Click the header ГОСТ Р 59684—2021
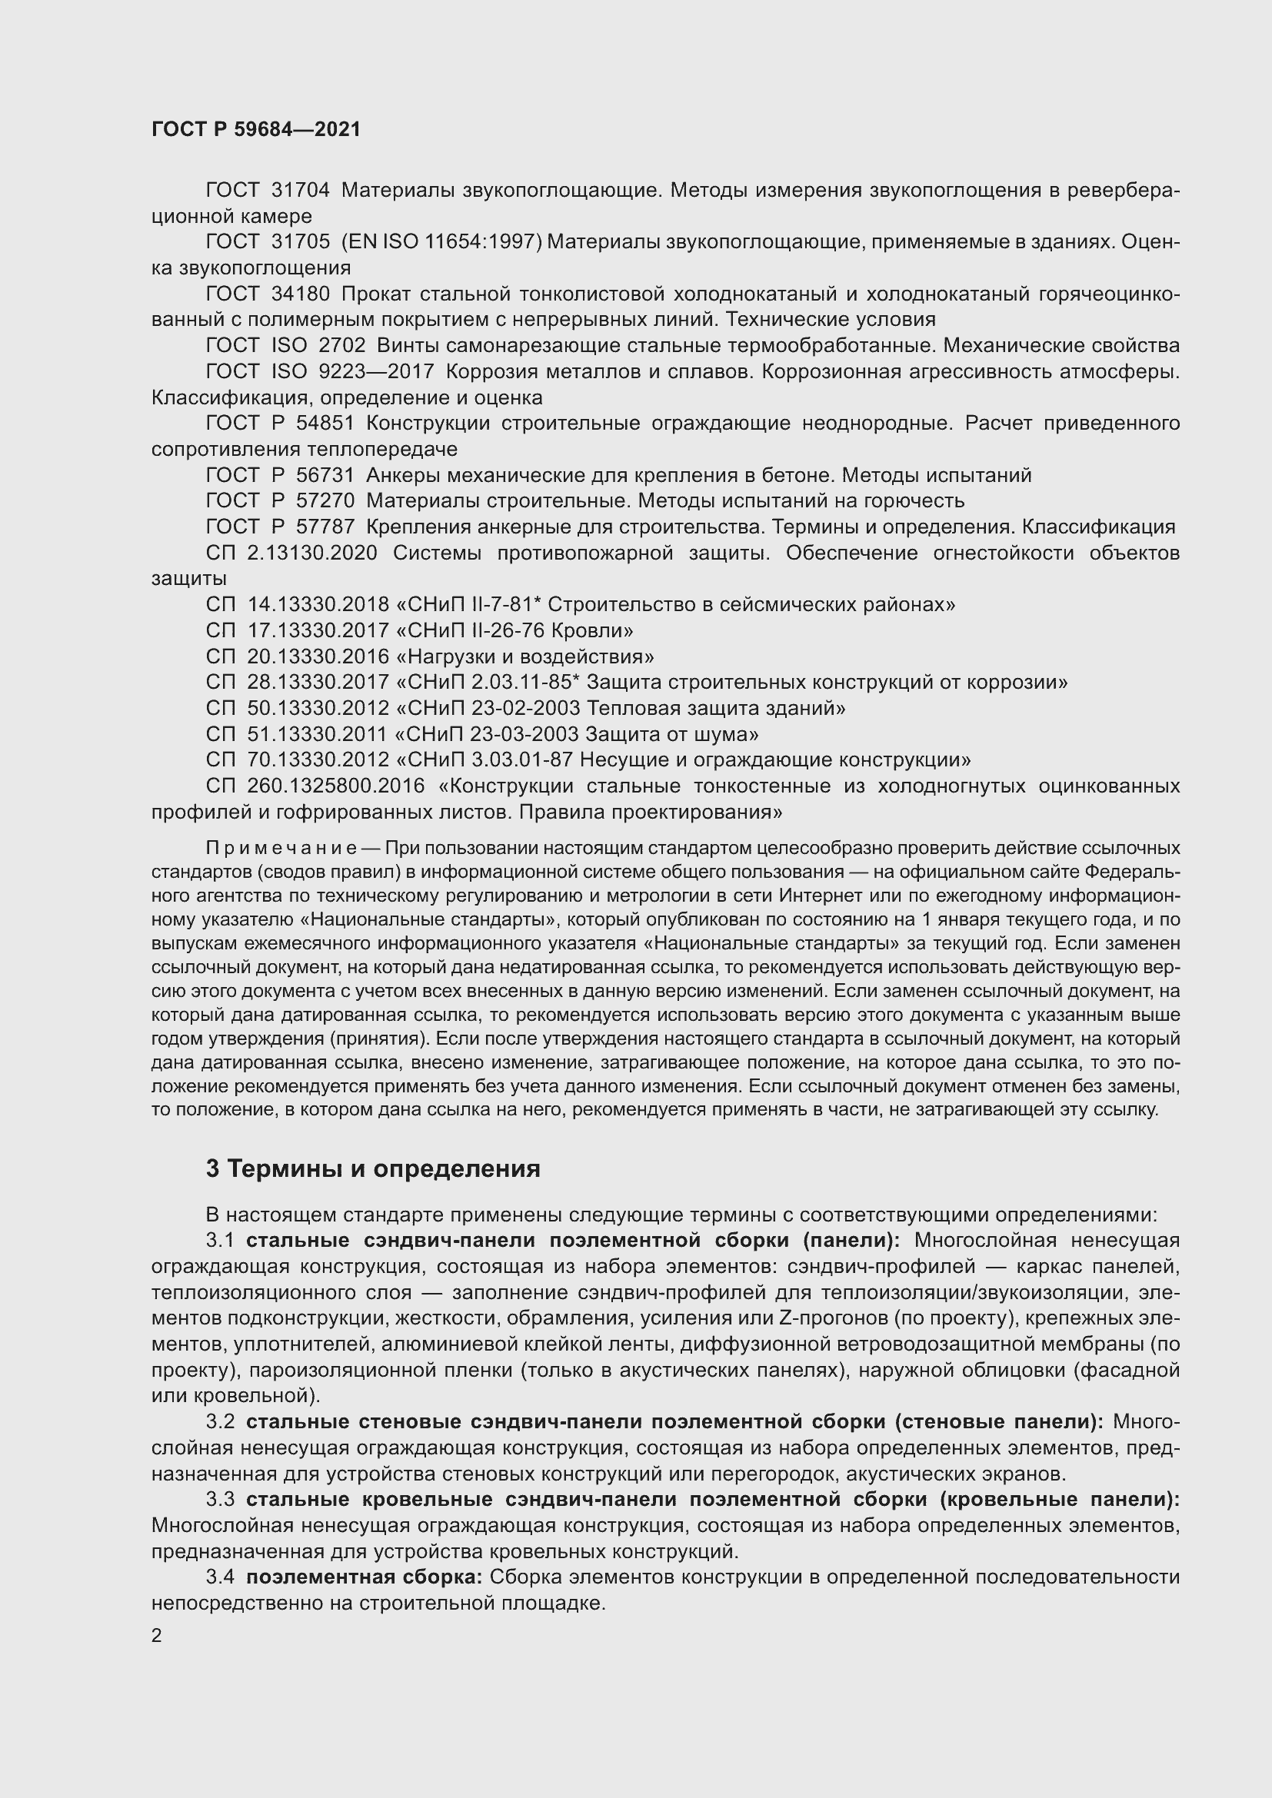[x=256, y=130]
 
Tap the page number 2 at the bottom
[x=157, y=1636]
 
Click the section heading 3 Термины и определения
[x=373, y=1169]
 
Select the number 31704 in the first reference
[x=301, y=191]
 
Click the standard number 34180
[x=301, y=294]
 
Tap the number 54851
[x=325, y=423]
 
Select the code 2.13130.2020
[x=311, y=553]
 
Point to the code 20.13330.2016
[x=318, y=656]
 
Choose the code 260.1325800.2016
[x=336, y=786]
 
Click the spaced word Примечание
[x=281, y=849]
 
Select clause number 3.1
[x=220, y=1241]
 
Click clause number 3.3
[x=220, y=1500]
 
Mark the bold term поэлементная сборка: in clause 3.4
[x=364, y=1577]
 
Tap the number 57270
[x=325, y=500]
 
